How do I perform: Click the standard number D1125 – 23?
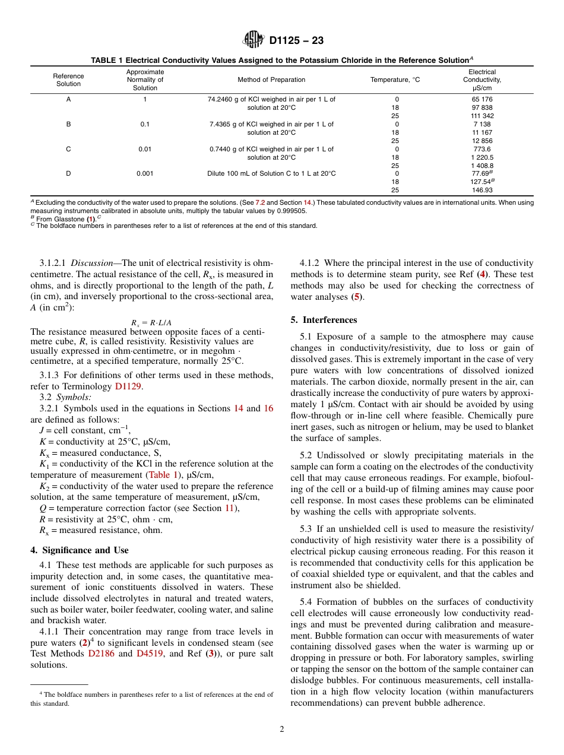tap(296, 41)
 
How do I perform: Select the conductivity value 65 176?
tap(481, 99)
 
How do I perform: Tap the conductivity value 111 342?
tap(481, 116)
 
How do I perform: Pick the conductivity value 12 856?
tap(481, 141)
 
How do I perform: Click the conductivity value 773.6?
tap(481, 149)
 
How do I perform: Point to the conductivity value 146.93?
tap(481, 191)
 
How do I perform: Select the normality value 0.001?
tap(145, 174)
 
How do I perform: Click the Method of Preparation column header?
tap(271, 80)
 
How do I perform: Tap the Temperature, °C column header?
tap(395, 80)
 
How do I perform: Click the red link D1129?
tap(129, 386)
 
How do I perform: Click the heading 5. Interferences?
tap(324, 320)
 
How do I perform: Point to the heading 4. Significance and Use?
tap(79, 550)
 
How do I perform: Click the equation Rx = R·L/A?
tap(151, 323)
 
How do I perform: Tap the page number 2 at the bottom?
tap(282, 729)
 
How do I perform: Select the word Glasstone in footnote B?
tap(69, 218)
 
